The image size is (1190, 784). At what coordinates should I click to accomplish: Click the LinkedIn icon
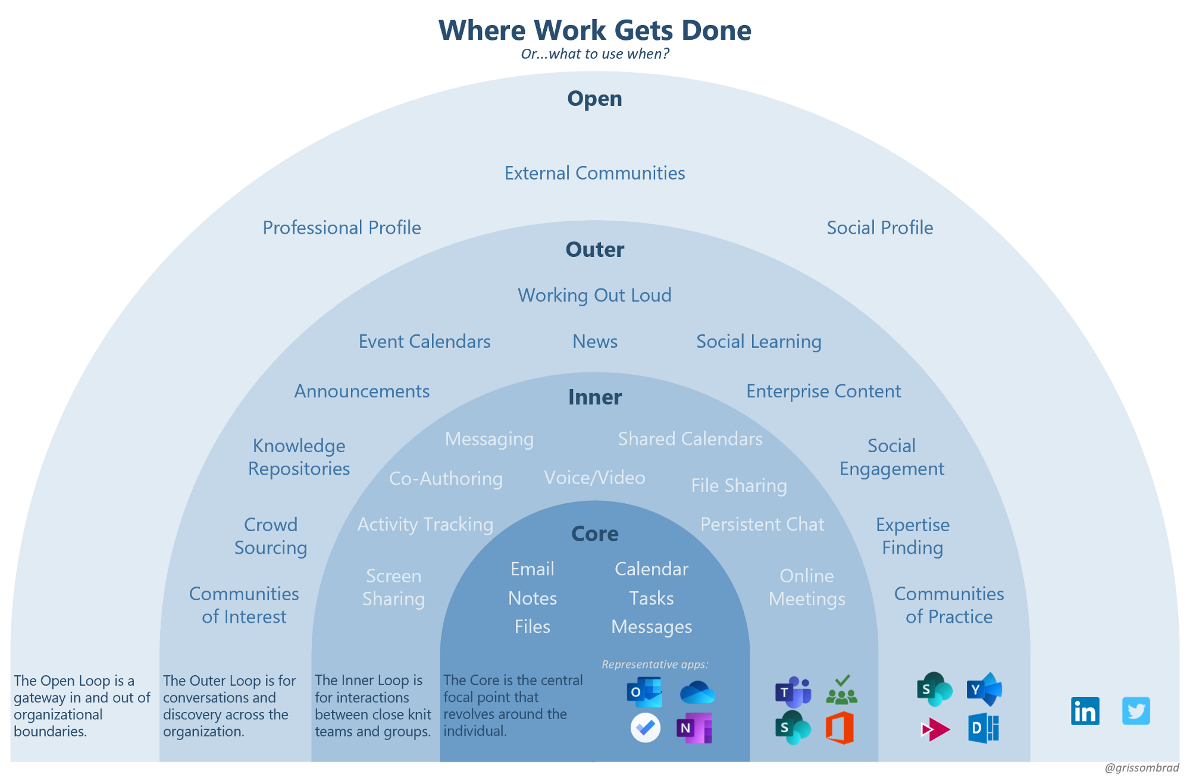(x=1085, y=711)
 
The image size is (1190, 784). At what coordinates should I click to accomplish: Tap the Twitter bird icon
(x=1136, y=711)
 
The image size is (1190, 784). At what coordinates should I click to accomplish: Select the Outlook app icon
(x=644, y=692)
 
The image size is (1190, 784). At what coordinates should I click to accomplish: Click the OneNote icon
(x=694, y=727)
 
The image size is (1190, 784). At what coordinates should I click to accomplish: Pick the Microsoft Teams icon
(x=793, y=692)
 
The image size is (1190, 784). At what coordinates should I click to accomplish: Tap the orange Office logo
(x=840, y=727)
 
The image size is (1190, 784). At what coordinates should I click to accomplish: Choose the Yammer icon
(x=984, y=689)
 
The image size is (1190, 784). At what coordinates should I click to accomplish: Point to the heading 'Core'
(x=594, y=534)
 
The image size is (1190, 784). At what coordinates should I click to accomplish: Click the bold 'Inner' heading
(x=594, y=397)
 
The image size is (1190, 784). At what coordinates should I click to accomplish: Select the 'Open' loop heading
(x=594, y=98)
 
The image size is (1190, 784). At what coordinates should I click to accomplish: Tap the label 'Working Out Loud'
(x=594, y=295)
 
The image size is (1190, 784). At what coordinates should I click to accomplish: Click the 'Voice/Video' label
(x=594, y=478)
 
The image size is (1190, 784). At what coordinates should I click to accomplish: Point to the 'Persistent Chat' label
(x=762, y=524)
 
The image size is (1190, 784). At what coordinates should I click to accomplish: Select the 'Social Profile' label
(x=879, y=227)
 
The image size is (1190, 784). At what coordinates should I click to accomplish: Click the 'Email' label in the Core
(x=532, y=569)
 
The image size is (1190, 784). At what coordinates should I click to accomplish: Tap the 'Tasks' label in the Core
(x=652, y=598)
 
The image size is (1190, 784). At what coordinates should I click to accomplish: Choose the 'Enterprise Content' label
(x=823, y=391)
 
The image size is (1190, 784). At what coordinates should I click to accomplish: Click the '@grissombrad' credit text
(x=1141, y=768)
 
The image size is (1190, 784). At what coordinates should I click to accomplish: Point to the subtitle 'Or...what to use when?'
(x=594, y=54)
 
